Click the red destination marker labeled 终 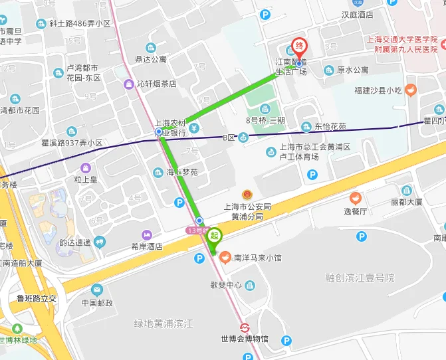[x=299, y=46]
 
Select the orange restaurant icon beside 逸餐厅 [x=355, y=197]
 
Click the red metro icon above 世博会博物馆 [x=245, y=327]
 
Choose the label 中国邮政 [x=97, y=303]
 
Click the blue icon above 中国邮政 [x=97, y=290]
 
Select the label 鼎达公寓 [x=151, y=59]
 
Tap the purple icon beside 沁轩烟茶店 [x=129, y=84]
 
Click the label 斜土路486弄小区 [x=79, y=23]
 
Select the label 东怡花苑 [x=330, y=126]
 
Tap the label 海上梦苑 [x=181, y=172]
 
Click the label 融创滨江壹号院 [x=360, y=277]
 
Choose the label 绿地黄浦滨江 [x=163, y=323]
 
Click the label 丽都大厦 [x=407, y=202]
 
